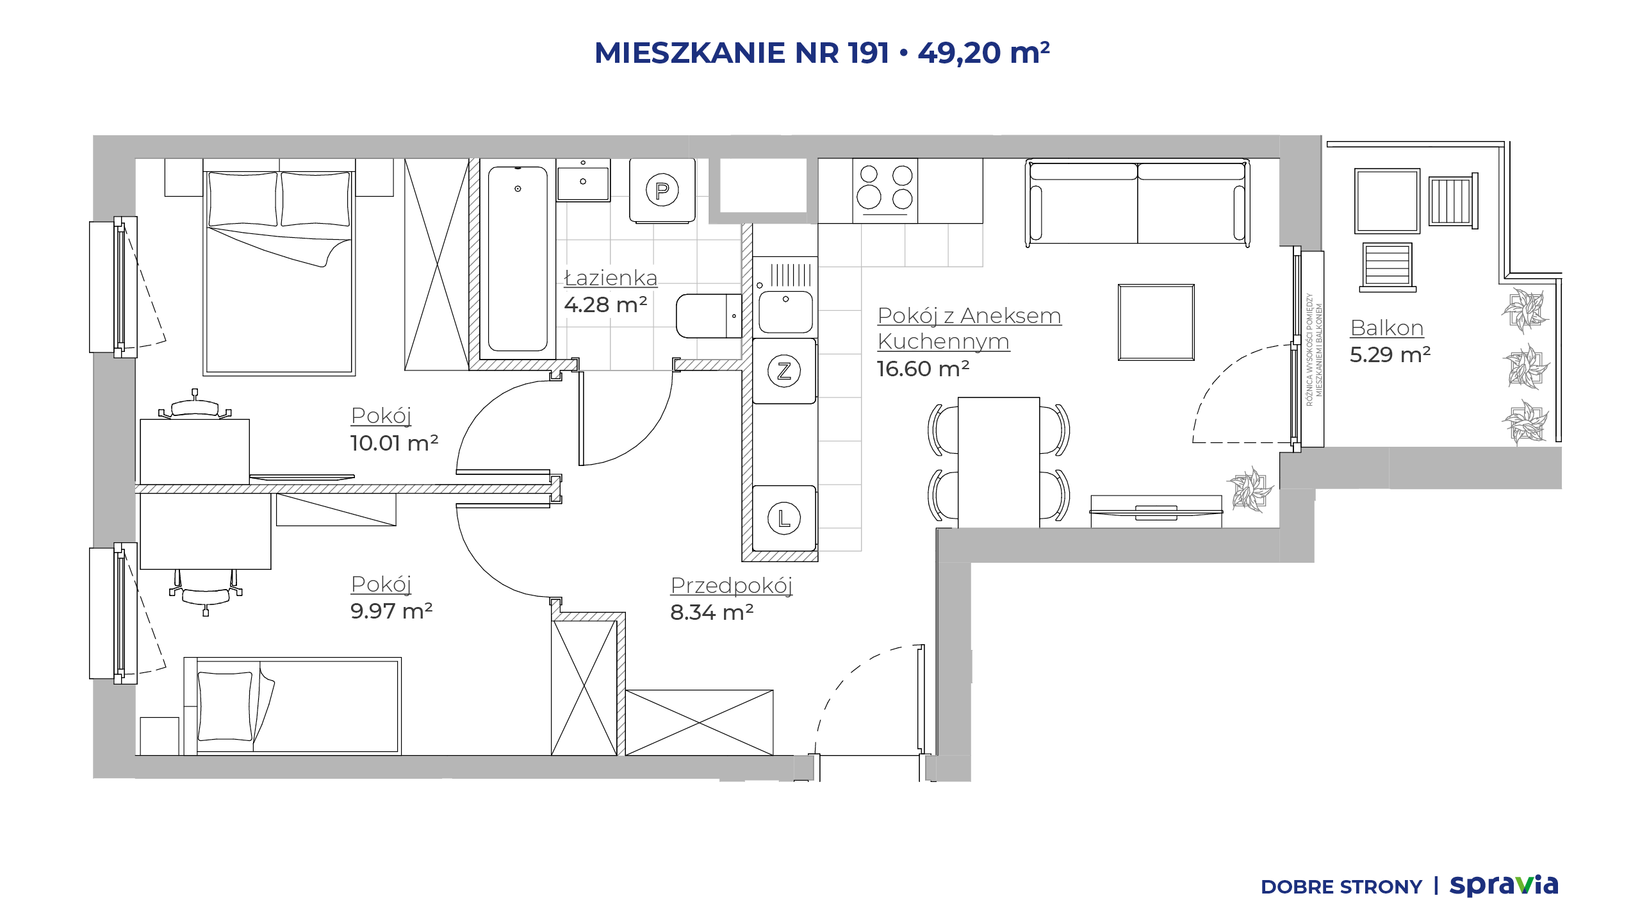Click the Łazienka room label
[611, 278]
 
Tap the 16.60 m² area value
[922, 369]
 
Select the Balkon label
[1386, 328]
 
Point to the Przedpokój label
[732, 586]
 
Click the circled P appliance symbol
[662, 190]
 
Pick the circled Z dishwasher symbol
[784, 371]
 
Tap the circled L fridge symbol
[784, 518]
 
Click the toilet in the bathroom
[709, 316]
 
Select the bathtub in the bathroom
[518, 259]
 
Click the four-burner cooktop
[885, 190]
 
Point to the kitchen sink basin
[785, 312]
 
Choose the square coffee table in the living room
[1156, 322]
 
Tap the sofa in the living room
[1137, 203]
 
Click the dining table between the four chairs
[999, 462]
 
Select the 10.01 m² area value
[394, 443]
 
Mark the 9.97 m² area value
[391, 611]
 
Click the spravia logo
[1504, 886]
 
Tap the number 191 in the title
[869, 53]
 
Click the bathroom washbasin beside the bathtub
[583, 181]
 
